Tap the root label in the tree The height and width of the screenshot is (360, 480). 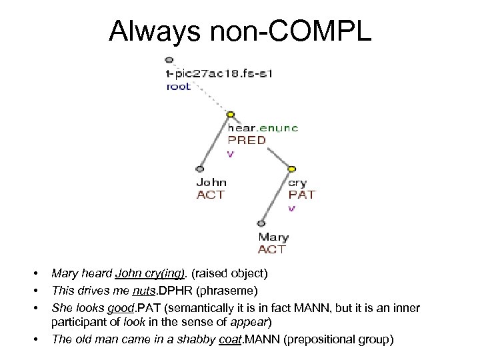click(x=179, y=86)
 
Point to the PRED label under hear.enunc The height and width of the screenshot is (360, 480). click(x=247, y=140)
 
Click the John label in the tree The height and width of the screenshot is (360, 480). click(x=211, y=182)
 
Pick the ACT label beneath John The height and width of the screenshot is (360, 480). click(x=211, y=195)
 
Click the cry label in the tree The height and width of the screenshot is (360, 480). click(x=297, y=182)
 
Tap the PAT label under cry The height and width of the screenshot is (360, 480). click(x=301, y=195)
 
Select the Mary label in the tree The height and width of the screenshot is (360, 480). click(x=273, y=237)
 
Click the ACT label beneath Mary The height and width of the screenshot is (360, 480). click(x=272, y=249)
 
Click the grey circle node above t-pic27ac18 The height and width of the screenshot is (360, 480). click(x=169, y=60)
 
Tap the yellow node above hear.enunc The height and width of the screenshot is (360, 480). click(x=231, y=114)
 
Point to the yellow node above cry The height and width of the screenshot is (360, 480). click(x=291, y=168)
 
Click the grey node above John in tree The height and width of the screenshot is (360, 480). click(x=199, y=169)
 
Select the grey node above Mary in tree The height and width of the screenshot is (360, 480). click(x=261, y=223)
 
